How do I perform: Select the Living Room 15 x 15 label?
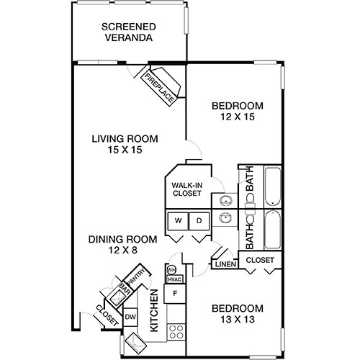coord(125,145)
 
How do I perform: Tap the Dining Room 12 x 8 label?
coord(114,246)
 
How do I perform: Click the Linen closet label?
coord(222,264)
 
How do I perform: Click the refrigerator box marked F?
coord(174,294)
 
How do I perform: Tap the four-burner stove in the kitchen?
coord(174,330)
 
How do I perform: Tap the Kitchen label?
coord(153,310)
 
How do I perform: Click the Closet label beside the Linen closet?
coord(258,259)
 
